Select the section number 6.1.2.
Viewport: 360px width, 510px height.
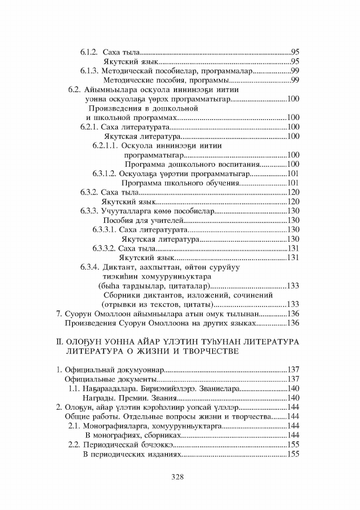[89, 52]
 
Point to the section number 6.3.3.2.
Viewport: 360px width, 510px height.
[104, 248]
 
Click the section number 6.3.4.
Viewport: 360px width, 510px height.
[90, 267]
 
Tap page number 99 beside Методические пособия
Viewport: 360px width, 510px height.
[295, 80]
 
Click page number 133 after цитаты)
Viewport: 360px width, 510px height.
[293, 304]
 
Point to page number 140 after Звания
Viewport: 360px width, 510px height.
[293, 397]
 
